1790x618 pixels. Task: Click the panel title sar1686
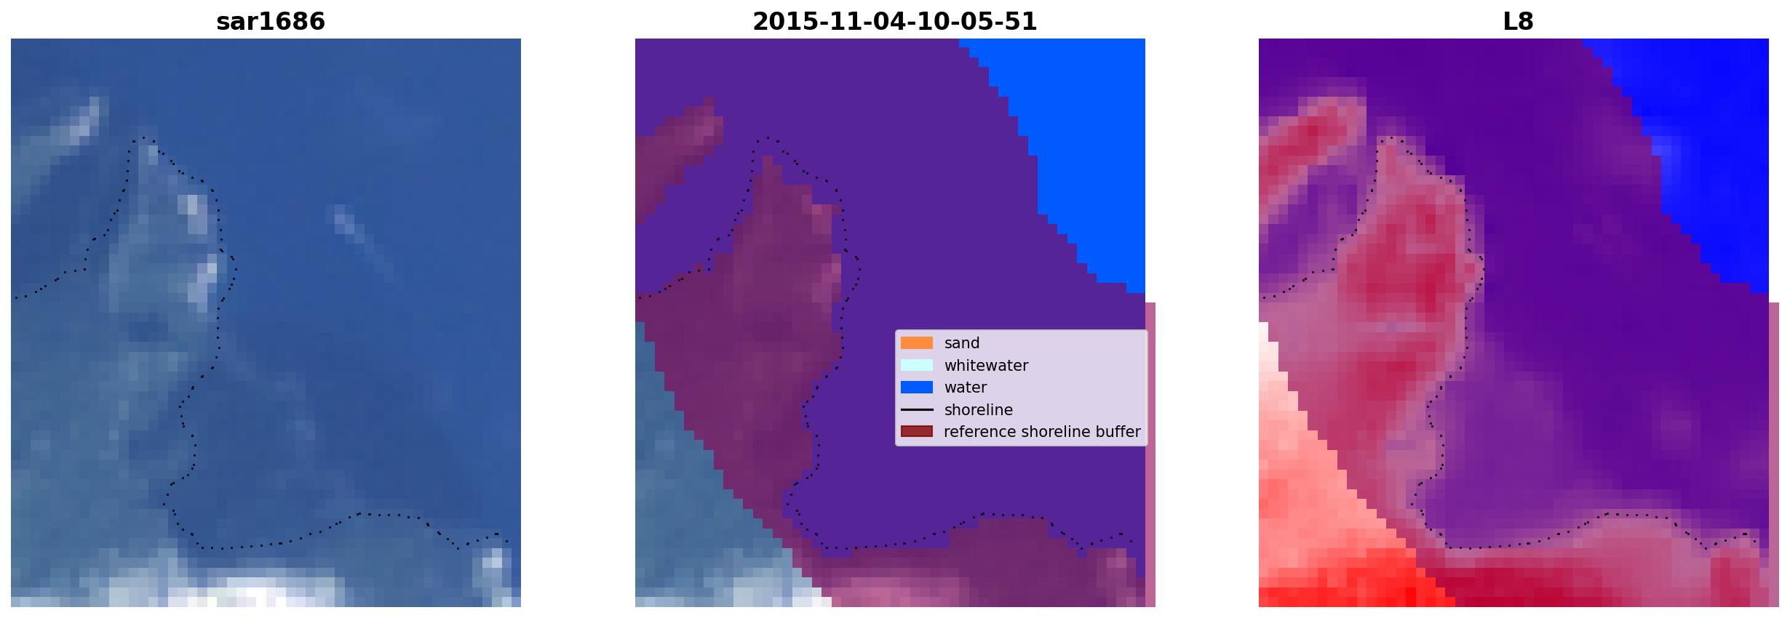click(x=271, y=21)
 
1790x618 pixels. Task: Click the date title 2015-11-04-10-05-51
click(x=894, y=21)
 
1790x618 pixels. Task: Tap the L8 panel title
click(x=1518, y=21)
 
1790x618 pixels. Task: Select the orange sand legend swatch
click(x=917, y=343)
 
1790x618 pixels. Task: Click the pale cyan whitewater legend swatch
click(x=917, y=365)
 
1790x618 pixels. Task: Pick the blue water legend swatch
click(x=917, y=388)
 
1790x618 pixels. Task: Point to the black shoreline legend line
click(x=917, y=410)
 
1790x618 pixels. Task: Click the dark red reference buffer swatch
click(x=917, y=432)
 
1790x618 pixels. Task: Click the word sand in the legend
click(x=962, y=343)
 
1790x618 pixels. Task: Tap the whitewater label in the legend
click(x=986, y=366)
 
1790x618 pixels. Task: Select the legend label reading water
click(x=966, y=388)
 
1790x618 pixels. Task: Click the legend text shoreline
click(x=979, y=410)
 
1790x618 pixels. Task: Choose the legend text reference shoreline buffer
click(x=1042, y=432)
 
